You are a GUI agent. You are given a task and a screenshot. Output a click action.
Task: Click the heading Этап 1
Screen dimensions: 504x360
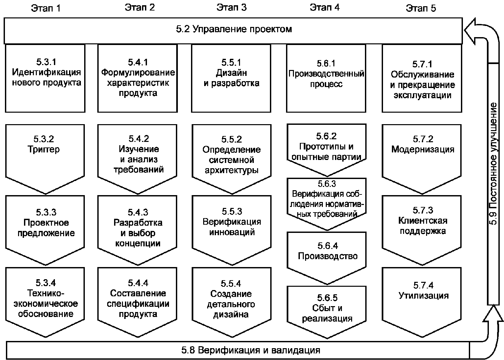(46, 8)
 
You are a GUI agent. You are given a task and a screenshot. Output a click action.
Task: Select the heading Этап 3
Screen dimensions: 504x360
(231, 8)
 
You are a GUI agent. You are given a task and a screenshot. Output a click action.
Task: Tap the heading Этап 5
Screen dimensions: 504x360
(421, 8)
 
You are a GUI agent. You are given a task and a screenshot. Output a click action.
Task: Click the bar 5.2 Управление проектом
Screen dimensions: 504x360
(233, 31)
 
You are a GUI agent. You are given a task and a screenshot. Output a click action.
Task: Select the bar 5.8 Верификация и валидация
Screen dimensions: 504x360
(238, 350)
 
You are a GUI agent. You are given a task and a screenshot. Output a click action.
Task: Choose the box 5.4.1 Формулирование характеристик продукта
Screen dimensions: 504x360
(137, 78)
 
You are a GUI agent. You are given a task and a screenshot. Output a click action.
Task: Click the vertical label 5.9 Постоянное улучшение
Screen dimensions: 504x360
(493, 164)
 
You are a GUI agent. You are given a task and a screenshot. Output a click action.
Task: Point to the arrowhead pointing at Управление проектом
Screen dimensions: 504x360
(470, 31)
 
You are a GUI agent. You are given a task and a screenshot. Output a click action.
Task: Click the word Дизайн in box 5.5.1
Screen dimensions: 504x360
(231, 73)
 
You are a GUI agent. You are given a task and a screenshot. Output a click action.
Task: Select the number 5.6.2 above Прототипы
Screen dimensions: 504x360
(326, 136)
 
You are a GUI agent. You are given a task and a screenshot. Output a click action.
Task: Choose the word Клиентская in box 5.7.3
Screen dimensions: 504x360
(423, 221)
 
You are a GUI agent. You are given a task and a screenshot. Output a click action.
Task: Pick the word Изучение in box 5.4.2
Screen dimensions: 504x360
(139, 149)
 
